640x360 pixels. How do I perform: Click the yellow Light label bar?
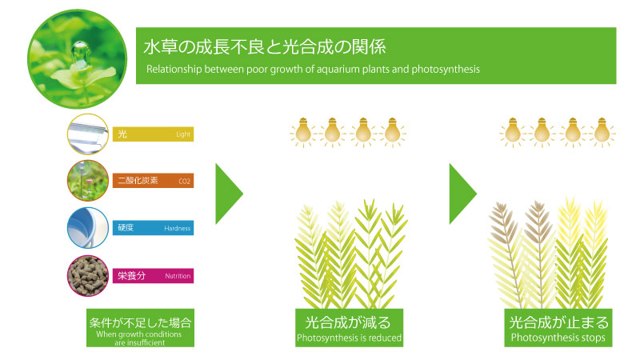click(153, 134)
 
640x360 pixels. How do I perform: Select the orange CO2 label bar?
click(153, 181)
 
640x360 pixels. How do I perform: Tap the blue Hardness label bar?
click(153, 228)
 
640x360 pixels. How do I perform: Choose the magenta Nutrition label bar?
click(153, 275)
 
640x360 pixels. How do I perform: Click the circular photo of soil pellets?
click(88, 276)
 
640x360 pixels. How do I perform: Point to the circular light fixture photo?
click(88, 134)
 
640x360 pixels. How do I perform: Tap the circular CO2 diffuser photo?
click(88, 181)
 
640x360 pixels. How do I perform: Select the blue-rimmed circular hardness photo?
click(88, 228)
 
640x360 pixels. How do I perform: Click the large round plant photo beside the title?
click(77, 59)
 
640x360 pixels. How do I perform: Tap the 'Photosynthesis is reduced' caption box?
click(349, 328)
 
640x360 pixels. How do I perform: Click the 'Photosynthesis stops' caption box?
click(558, 328)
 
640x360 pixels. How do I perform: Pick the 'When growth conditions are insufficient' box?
click(140, 328)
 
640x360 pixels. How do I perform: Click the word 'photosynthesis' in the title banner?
click(446, 70)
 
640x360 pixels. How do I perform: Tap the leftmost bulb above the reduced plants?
click(303, 132)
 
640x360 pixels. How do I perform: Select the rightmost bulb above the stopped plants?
click(602, 132)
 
